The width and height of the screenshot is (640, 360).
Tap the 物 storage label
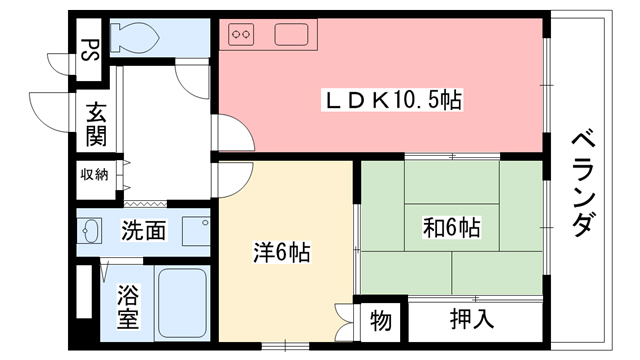381,321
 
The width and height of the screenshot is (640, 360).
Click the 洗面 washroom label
144,231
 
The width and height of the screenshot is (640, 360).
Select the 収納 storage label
94,174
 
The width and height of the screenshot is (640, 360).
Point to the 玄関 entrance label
95,123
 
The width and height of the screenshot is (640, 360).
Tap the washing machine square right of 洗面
196,230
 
